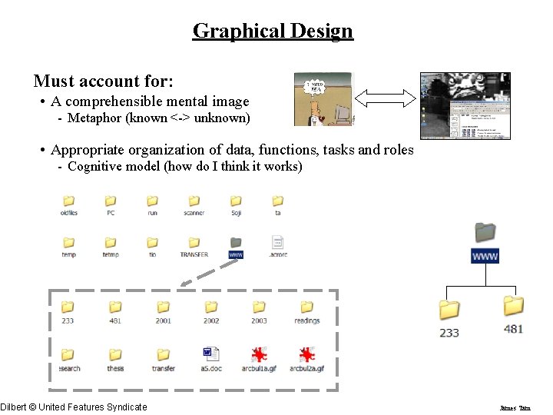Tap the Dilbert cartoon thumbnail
click(x=323, y=99)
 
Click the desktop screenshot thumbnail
click(x=465, y=105)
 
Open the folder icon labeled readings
click(x=306, y=308)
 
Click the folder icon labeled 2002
click(x=211, y=308)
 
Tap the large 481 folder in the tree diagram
click(x=514, y=307)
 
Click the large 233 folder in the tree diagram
click(x=449, y=310)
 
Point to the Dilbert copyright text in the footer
click(x=74, y=407)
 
